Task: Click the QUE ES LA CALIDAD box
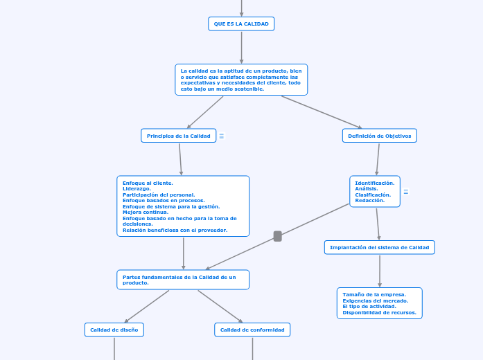241,24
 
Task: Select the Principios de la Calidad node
178,136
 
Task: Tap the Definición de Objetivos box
379,136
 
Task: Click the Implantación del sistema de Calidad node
379,247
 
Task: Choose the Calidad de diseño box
114,330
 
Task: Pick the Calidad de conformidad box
252,330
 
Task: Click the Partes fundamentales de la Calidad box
183,280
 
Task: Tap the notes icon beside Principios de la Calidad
222,136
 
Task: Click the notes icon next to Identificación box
406,192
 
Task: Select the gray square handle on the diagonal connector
278,236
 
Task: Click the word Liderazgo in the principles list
137,189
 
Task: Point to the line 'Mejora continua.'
146,213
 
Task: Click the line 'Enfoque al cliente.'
148,183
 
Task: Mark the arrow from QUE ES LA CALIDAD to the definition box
241,47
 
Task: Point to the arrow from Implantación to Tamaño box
380,271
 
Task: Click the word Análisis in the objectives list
367,189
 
